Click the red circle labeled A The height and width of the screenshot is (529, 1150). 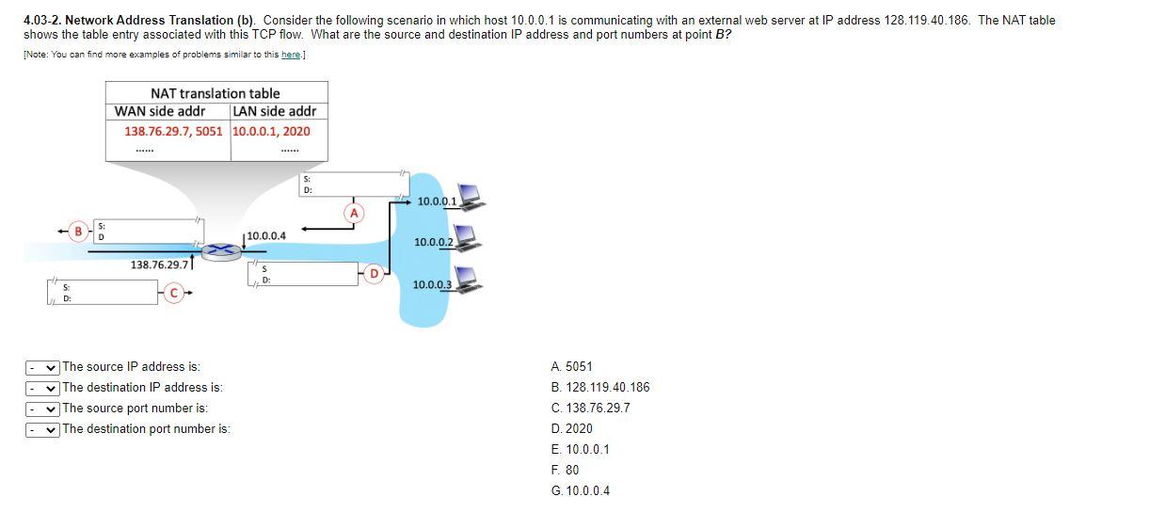pyautogui.click(x=354, y=214)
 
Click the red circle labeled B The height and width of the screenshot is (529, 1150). pyautogui.click(x=82, y=230)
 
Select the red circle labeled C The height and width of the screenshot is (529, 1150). pyautogui.click(x=172, y=293)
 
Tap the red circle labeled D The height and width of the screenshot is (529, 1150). pyautogui.click(x=374, y=274)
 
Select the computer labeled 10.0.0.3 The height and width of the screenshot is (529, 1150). pyautogui.click(x=470, y=279)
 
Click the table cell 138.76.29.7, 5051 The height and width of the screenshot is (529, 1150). pyautogui.click(x=174, y=131)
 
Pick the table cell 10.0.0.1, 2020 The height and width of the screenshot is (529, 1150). pyautogui.click(x=271, y=131)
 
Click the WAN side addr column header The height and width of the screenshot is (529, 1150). pyautogui.click(x=160, y=111)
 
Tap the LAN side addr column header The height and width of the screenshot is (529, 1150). pyautogui.click(x=274, y=111)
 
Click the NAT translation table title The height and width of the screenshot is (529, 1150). pyautogui.click(x=215, y=93)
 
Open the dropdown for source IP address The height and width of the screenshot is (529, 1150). pyautogui.click(x=42, y=367)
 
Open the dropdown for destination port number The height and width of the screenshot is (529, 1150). pyautogui.click(x=42, y=429)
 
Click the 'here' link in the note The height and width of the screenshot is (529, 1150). pyautogui.click(x=290, y=55)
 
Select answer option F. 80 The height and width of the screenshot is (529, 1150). pyautogui.click(x=566, y=470)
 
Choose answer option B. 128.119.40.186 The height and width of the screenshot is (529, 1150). pyautogui.click(x=599, y=387)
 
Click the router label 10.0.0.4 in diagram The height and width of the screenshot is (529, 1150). pyautogui.click(x=268, y=235)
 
